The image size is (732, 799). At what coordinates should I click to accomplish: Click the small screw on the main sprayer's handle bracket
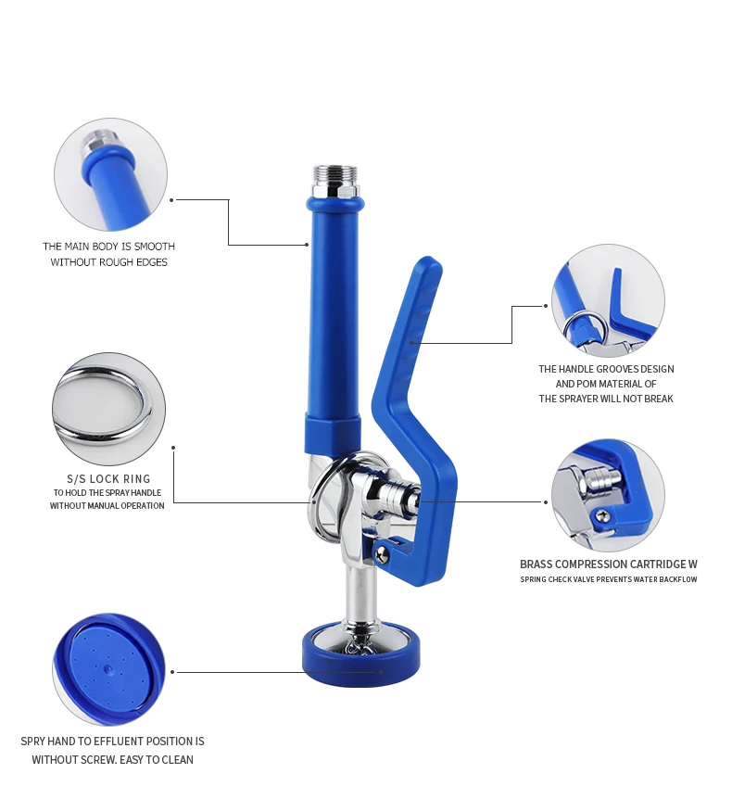381,553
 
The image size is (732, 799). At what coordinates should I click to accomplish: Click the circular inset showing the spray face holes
109,668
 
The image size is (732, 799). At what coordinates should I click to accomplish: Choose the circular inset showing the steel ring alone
108,409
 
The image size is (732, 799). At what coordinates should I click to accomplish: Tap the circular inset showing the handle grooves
608,300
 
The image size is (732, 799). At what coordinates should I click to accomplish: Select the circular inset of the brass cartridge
608,495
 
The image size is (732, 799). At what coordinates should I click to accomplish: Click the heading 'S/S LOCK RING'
110,478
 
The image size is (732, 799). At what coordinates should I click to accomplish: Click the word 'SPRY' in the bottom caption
34,742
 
